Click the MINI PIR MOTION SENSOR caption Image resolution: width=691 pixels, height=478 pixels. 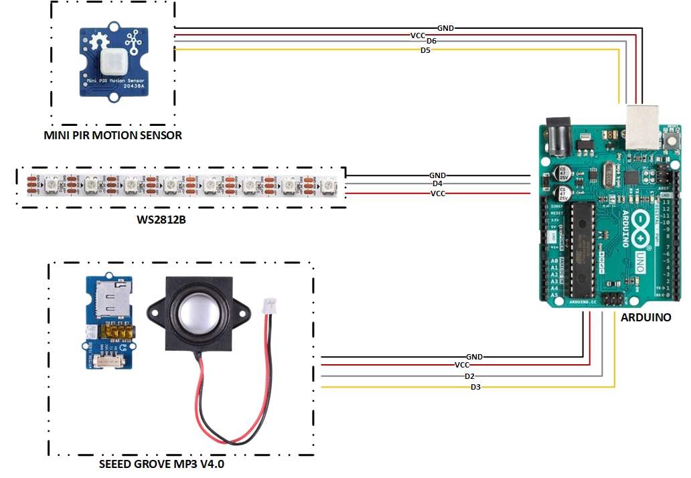112,136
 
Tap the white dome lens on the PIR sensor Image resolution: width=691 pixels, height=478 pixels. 112,62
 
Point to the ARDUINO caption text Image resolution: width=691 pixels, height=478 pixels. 645,318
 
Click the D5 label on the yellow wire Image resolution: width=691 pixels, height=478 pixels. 425,50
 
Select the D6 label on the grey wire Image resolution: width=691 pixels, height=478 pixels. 431,42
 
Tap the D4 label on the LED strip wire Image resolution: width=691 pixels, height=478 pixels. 437,183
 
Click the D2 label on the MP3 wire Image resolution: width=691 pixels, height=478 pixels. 469,377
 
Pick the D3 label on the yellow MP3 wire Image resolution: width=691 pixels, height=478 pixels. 475,387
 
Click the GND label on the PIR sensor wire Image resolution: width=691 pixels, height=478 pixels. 446,28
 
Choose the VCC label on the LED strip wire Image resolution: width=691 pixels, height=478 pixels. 438,193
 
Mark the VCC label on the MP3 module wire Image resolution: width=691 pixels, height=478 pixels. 462,366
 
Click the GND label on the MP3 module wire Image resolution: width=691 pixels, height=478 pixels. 474,357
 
